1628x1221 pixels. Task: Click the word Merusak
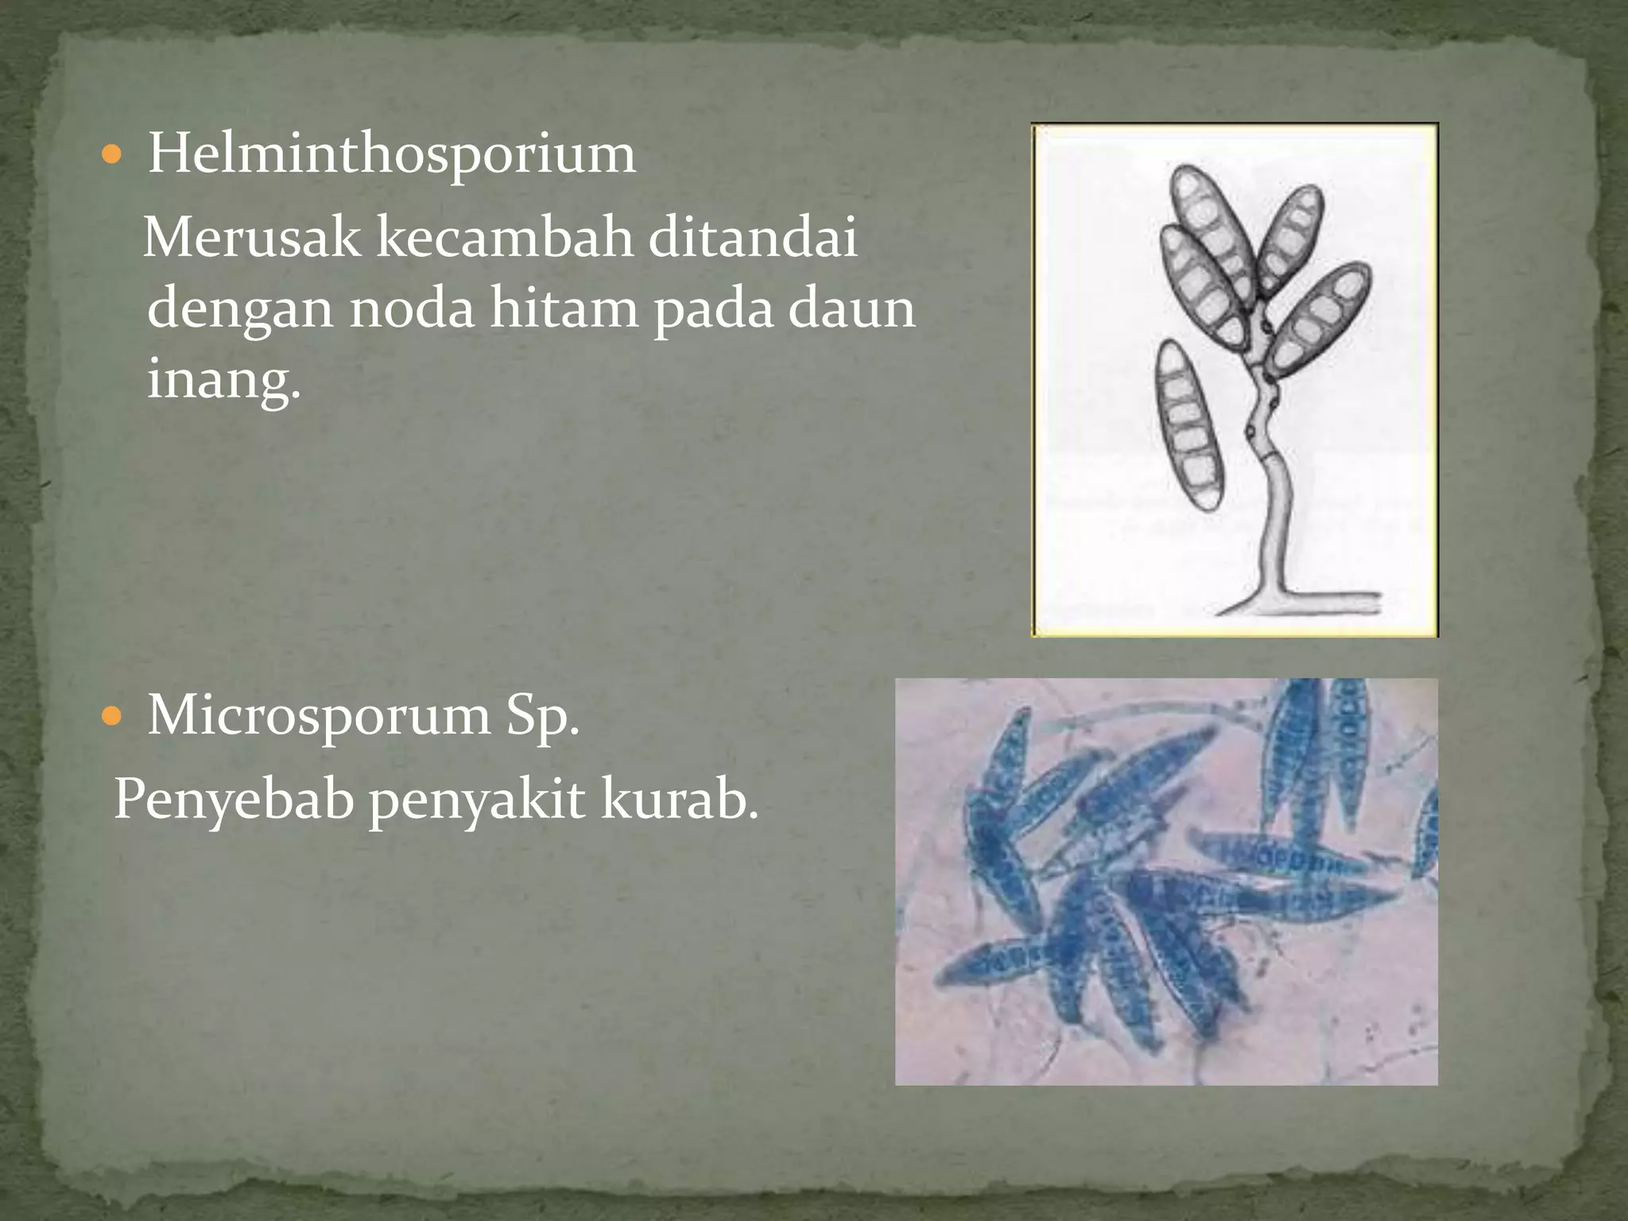[x=252, y=238]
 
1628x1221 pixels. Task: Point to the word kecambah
[x=504, y=238]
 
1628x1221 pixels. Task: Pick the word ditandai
[x=753, y=238]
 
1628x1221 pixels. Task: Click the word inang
[x=223, y=380]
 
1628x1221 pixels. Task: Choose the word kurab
[x=678, y=800]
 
